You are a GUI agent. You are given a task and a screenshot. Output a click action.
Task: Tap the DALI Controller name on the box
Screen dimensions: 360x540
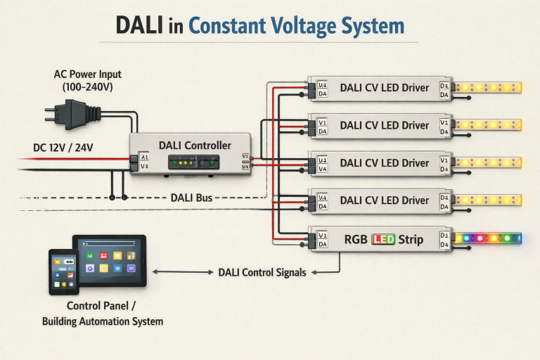click(x=195, y=145)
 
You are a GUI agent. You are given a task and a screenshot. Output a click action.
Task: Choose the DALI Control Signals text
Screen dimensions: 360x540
click(x=262, y=272)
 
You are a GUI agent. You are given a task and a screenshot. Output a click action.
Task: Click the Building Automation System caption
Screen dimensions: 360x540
click(x=103, y=321)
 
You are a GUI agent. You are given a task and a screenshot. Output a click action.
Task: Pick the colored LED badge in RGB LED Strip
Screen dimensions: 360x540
click(x=383, y=239)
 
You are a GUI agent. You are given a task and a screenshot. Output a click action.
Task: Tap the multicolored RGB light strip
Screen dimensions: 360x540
click(x=488, y=238)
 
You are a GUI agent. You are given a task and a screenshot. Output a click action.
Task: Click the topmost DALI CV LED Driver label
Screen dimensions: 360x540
click(x=384, y=88)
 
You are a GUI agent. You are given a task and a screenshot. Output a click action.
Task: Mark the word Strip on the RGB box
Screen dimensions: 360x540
click(x=411, y=239)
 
